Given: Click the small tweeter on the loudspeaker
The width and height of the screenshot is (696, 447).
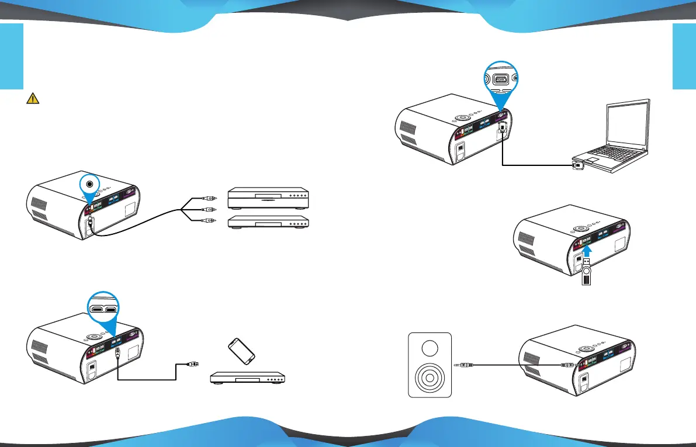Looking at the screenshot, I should [x=430, y=349].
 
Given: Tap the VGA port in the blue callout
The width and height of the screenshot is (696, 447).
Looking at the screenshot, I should [x=502, y=80].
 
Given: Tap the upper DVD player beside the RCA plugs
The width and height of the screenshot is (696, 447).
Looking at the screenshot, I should [x=268, y=198].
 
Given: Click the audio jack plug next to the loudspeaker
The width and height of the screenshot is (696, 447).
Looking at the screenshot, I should [x=465, y=365].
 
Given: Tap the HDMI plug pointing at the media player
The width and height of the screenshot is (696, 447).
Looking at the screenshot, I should [x=192, y=365].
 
